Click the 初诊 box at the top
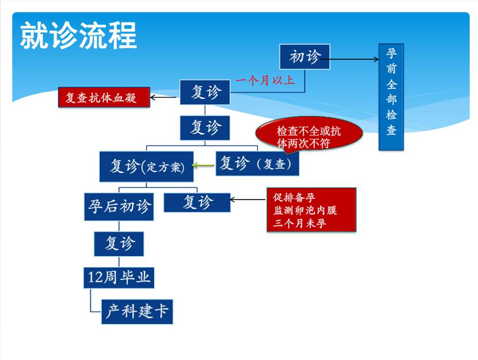click(x=305, y=57)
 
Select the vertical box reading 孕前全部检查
click(x=391, y=97)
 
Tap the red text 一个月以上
click(x=265, y=80)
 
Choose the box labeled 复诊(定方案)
click(x=146, y=166)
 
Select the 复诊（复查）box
click(x=256, y=163)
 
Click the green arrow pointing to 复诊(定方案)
click(x=204, y=165)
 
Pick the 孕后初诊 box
click(x=119, y=206)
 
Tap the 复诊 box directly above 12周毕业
click(x=119, y=243)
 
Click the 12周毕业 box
click(x=119, y=278)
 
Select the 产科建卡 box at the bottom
click(x=137, y=311)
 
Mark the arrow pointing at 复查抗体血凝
click(x=164, y=96)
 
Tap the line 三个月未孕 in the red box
click(x=300, y=223)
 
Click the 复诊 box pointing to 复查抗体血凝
click(x=205, y=93)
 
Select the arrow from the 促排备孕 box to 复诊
click(x=248, y=200)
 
